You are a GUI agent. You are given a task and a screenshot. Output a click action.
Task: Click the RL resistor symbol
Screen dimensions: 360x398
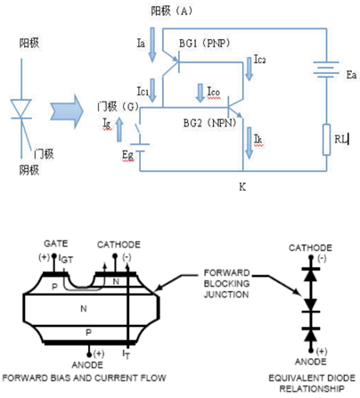[326, 140]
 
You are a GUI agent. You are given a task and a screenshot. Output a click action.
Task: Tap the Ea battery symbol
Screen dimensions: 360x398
[326, 69]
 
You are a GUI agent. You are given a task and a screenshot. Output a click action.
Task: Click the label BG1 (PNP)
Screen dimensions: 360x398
[204, 44]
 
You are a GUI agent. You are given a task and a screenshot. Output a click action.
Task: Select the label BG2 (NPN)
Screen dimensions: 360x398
[209, 123]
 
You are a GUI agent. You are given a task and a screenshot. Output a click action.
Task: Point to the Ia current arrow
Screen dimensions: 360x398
[152, 45]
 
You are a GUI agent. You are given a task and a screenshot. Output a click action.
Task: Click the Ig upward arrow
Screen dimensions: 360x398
[119, 129]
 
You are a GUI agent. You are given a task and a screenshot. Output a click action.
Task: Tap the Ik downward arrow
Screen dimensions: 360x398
[249, 142]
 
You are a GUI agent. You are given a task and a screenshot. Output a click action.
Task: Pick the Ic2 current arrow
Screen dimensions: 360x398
[250, 69]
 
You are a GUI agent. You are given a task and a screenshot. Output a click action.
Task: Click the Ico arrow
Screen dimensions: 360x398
[200, 93]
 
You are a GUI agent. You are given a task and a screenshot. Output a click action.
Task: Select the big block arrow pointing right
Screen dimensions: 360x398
[66, 111]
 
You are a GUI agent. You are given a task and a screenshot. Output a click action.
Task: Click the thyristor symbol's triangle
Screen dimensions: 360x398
[20, 109]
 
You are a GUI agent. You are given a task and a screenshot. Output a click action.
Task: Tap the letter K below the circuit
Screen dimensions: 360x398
[242, 187]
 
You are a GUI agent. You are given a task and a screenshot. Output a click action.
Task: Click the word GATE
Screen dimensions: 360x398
[56, 244]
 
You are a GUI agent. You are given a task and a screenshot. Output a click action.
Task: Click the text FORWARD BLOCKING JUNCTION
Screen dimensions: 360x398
[226, 283]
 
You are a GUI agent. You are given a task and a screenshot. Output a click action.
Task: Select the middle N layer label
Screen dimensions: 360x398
[84, 309]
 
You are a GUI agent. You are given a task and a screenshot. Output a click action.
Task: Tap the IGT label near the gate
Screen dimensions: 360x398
[66, 259]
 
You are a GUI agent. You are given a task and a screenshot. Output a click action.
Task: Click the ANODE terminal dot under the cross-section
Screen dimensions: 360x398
[89, 354]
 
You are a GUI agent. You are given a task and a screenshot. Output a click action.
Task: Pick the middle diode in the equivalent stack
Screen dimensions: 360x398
[311, 305]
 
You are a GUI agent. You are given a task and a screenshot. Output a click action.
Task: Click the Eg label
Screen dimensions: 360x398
[127, 156]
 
